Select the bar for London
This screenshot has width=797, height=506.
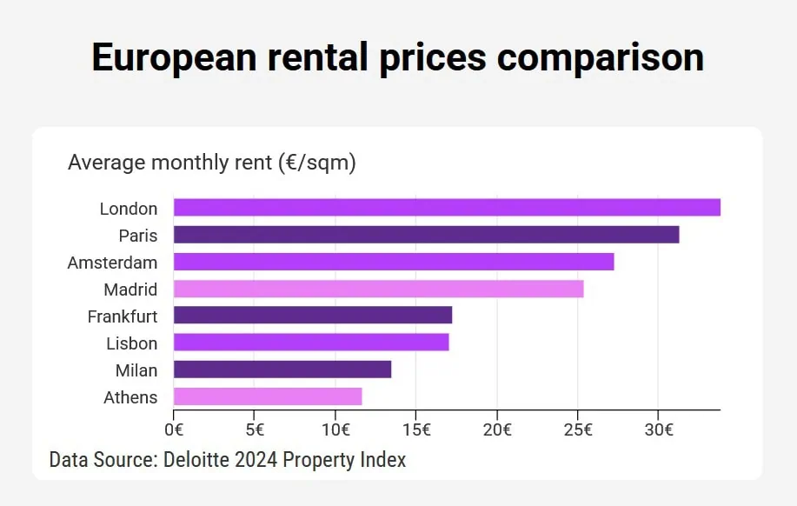point(447,208)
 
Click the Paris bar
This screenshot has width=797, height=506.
point(426,235)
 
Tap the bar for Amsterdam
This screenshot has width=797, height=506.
point(394,262)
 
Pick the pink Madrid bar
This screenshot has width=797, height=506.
point(378,289)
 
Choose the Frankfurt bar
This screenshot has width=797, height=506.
point(313,316)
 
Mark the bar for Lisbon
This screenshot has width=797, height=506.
point(311,343)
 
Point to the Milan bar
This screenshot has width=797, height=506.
point(282,370)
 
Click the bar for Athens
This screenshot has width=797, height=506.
point(268,396)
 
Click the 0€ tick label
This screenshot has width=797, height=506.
point(174,429)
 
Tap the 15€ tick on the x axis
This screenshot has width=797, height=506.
point(416,429)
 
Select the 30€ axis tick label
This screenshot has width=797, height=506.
point(658,429)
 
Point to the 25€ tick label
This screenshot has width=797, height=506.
point(578,429)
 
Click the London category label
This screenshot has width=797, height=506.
point(129,209)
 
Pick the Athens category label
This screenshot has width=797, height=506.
point(130,397)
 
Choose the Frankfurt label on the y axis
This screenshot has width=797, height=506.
point(123,316)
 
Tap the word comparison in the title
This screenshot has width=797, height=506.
point(601,57)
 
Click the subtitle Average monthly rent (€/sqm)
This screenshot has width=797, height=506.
point(212,163)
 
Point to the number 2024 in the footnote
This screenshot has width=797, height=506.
point(258,459)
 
